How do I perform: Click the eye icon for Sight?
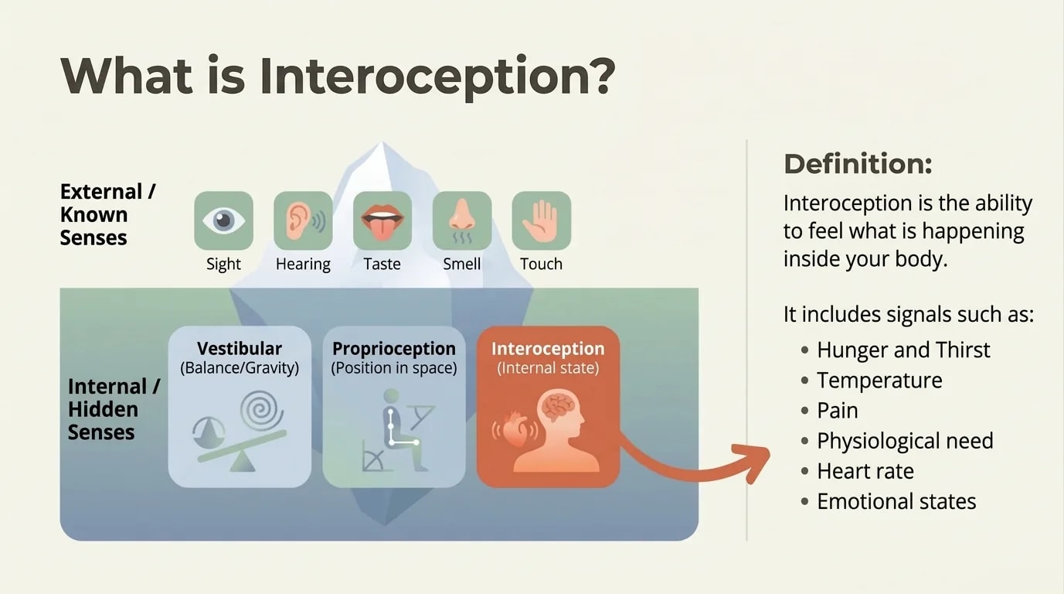[x=223, y=220]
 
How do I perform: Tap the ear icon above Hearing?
[x=303, y=220]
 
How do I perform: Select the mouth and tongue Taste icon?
[x=382, y=220]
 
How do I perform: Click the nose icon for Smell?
[x=461, y=220]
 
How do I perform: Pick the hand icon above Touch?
[x=541, y=220]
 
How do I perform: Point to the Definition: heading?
[x=858, y=164]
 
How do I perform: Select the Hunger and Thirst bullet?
[x=903, y=350]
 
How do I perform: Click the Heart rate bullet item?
[x=865, y=471]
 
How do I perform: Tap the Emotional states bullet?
[x=896, y=501]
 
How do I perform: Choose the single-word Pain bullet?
[x=837, y=411]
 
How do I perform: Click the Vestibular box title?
[x=240, y=348]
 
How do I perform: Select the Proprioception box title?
[x=394, y=348]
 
